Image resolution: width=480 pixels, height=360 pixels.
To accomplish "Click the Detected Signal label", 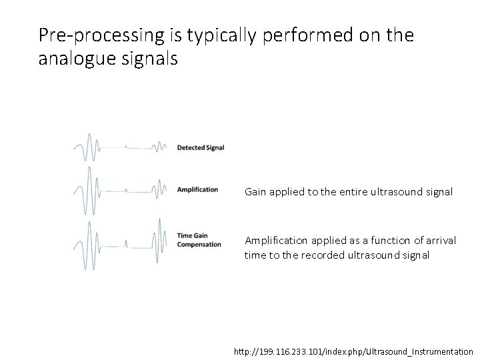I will point(200,147).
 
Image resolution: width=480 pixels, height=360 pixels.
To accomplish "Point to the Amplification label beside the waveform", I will point(197,189).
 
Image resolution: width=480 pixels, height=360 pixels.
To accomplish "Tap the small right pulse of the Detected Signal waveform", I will point(160,147).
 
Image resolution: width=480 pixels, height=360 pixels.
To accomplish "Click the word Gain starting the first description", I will point(255,192).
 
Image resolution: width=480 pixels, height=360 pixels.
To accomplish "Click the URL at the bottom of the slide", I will point(353,351).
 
